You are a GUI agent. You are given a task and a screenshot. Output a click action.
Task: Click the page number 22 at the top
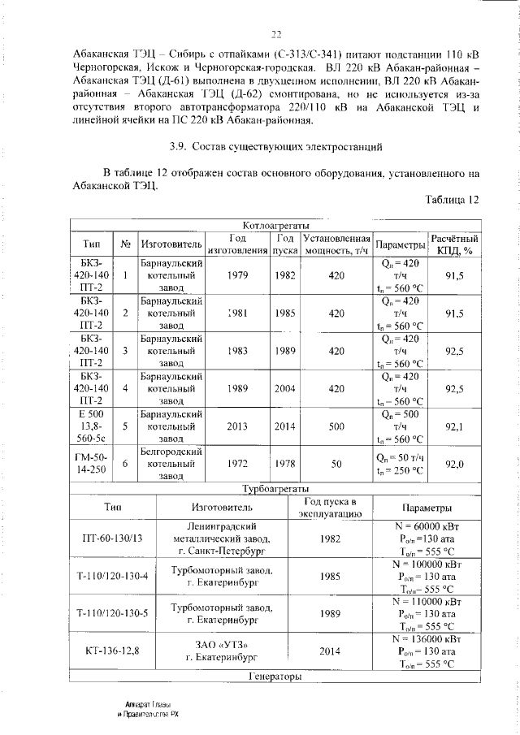pos(275,33)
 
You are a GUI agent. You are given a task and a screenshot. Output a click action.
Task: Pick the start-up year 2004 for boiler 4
pos(284,389)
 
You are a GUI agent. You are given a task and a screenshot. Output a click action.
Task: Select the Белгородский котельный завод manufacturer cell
pos(171,463)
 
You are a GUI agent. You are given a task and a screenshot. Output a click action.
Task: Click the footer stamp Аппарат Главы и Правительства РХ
pos(147,707)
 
